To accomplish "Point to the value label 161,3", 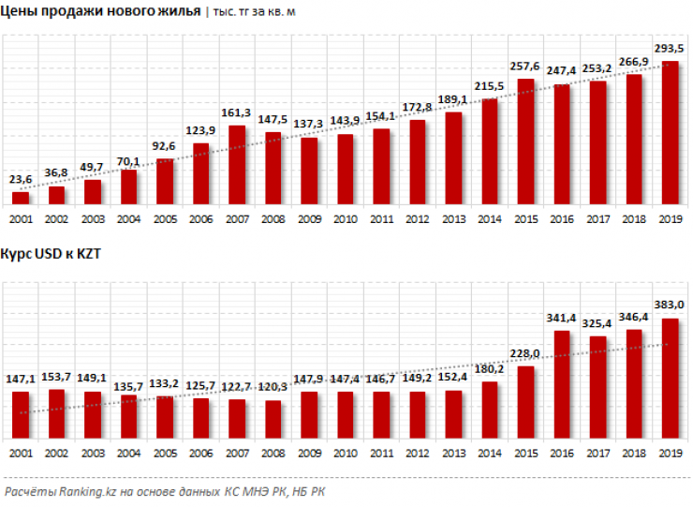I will click(x=237, y=112).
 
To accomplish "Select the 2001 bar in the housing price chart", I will click(x=21, y=198).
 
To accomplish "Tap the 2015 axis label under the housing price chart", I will click(x=526, y=218).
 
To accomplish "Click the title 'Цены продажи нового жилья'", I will click(x=101, y=11).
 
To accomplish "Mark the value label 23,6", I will click(x=21, y=180).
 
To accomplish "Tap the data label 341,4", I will click(x=562, y=318).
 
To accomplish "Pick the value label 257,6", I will click(x=526, y=67).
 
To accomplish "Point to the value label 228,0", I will click(x=526, y=353).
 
